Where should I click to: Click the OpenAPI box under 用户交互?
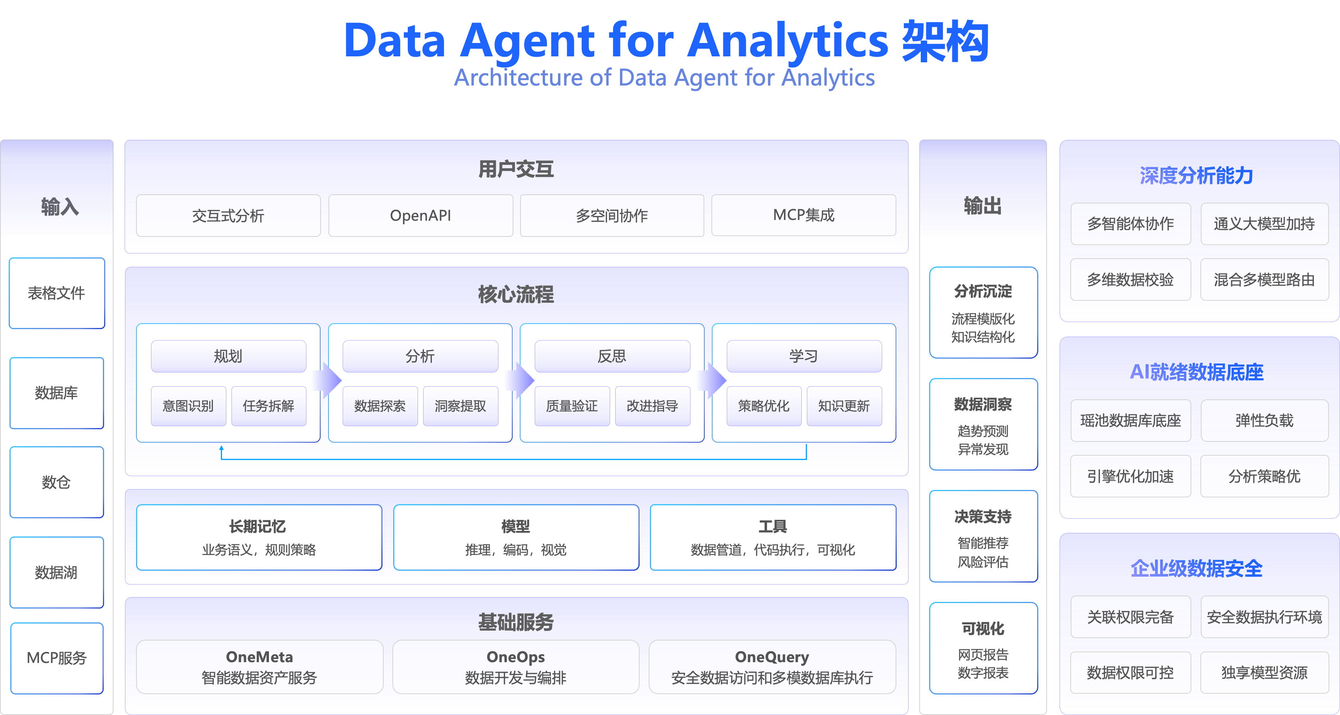(420, 215)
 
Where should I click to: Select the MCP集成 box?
(803, 215)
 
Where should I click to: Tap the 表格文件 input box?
(57, 293)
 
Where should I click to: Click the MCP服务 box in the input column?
(57, 658)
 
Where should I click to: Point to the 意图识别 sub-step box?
(188, 406)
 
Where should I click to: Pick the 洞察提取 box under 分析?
(460, 406)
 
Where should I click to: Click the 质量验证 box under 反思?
(572, 406)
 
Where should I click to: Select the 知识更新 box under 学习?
(844, 406)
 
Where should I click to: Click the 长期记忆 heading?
(258, 526)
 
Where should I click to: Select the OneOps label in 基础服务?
(515, 657)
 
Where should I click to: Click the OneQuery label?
(772, 657)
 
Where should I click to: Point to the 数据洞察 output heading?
(983, 404)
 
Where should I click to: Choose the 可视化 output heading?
(983, 629)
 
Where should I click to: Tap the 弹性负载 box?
(1264, 421)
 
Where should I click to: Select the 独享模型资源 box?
(1264, 673)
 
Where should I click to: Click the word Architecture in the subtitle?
(518, 78)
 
